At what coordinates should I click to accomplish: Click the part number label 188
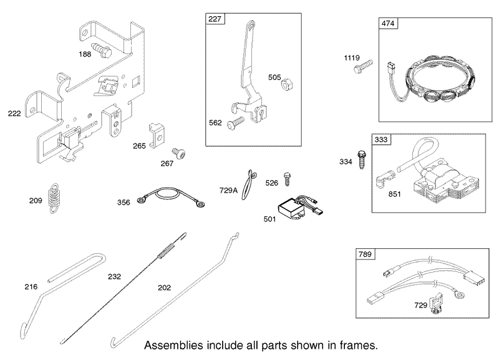coord(85,54)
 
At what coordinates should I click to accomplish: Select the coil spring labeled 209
coord(54,198)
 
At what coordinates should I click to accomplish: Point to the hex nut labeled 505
coord(287,85)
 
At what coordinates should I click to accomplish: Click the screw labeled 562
coord(236,123)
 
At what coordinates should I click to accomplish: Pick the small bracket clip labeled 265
coord(157,136)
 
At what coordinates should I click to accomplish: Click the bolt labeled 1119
coord(363,66)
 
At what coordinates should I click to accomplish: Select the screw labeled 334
coord(362,160)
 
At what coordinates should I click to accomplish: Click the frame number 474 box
coord(388,24)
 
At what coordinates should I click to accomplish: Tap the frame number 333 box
coord(381,139)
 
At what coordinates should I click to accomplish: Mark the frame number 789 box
coord(365,255)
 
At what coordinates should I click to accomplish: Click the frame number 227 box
coord(215,19)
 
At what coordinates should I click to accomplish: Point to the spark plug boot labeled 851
coord(385,179)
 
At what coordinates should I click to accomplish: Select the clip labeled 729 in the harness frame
coord(435,303)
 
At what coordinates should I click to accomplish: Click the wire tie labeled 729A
coord(248,185)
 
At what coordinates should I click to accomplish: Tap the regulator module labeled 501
coord(300,208)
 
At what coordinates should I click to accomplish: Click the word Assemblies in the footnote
coord(174,345)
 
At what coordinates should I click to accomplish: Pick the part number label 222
coord(14,114)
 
